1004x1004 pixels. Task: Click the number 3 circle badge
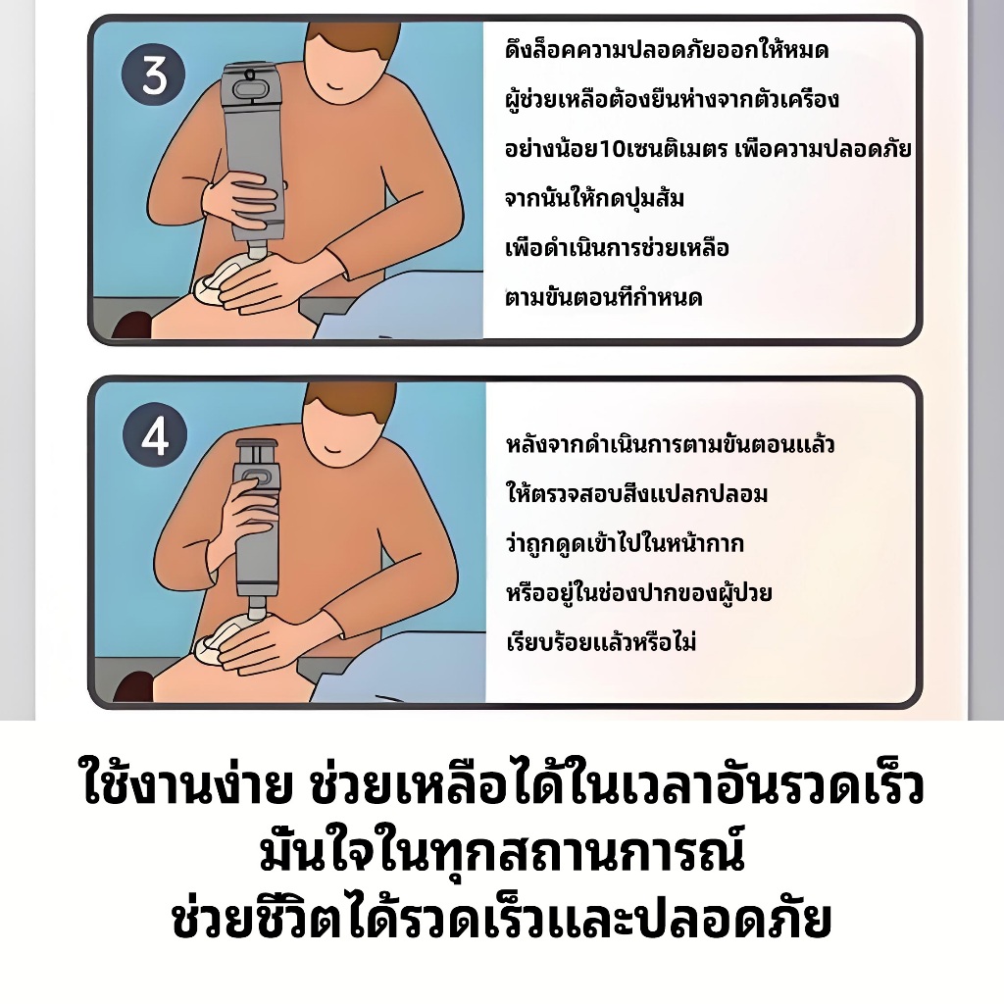153,76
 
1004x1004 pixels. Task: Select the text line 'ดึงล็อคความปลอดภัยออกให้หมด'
667,49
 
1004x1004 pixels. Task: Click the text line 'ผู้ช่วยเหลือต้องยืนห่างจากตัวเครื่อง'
672,99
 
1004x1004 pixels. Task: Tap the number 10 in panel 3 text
614,149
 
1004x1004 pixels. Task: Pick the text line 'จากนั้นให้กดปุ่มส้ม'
594,197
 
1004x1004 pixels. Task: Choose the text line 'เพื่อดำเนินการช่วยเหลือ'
617,247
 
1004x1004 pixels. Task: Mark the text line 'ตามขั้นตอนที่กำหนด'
603,296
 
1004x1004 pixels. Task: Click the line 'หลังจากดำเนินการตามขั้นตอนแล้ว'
670,444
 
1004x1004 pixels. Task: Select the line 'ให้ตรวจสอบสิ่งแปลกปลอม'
636,493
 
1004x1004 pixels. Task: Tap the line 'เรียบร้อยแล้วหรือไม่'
601,641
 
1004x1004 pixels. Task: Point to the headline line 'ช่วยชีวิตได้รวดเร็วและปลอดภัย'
502,918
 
